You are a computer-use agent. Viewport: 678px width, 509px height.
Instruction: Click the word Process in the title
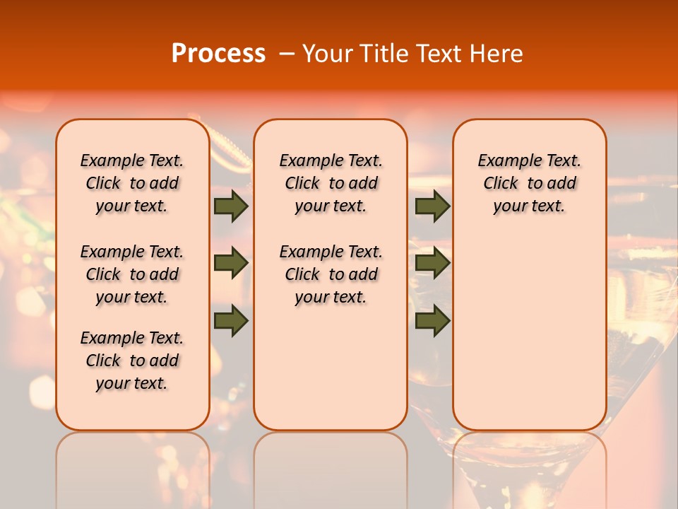pos(218,54)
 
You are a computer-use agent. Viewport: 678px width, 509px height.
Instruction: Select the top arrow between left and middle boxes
pos(231,206)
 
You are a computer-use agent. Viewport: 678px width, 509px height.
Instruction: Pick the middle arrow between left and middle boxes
pos(231,263)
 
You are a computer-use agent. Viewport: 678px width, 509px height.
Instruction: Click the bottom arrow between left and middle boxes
pos(231,320)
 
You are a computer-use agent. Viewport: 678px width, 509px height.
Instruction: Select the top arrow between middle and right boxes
pos(432,206)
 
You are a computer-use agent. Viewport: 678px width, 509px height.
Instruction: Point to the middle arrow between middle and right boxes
pos(432,263)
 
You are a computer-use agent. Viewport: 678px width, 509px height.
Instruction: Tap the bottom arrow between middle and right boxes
pos(432,320)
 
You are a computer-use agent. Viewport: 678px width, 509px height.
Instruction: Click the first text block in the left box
pos(132,183)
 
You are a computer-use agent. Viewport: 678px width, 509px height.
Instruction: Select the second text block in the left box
pos(132,274)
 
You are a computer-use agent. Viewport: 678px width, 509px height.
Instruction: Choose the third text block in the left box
pos(132,361)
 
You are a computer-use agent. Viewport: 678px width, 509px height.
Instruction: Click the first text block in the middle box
pos(331,183)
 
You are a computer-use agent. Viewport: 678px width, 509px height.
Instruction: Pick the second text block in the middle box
pos(331,274)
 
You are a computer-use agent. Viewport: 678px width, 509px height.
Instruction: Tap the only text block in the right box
pos(529,183)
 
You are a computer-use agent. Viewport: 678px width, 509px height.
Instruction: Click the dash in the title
pos(287,54)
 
